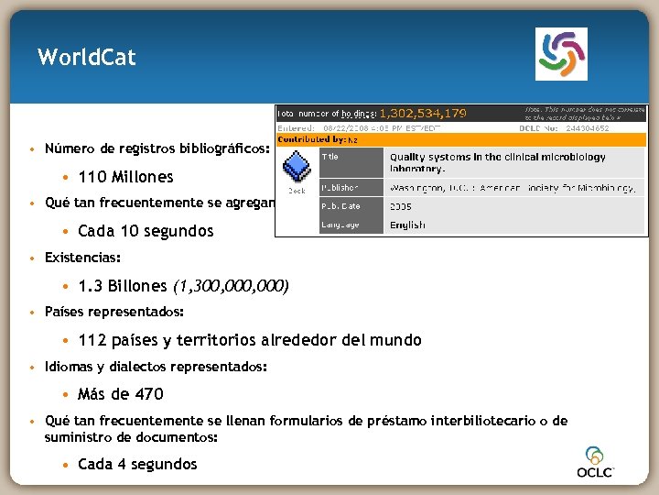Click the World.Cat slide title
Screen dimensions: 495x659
(87, 58)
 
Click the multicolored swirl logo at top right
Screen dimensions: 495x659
(560, 54)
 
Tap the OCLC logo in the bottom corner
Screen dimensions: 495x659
(595, 463)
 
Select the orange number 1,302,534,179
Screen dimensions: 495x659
(422, 114)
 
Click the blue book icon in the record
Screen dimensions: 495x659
(297, 168)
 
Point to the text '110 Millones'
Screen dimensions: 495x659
(125, 177)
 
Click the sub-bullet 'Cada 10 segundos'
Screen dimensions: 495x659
(146, 231)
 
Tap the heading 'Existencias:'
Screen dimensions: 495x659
(82, 258)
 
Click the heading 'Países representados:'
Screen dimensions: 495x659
(113, 313)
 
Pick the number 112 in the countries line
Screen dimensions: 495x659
(92, 340)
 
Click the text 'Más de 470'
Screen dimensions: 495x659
(121, 394)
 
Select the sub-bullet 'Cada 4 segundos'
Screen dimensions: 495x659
(137, 464)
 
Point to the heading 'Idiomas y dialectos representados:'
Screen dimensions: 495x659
(156, 367)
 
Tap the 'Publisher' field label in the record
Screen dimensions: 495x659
(340, 187)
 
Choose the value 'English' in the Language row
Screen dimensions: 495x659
(407, 225)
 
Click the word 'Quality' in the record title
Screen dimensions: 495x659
(411, 157)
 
